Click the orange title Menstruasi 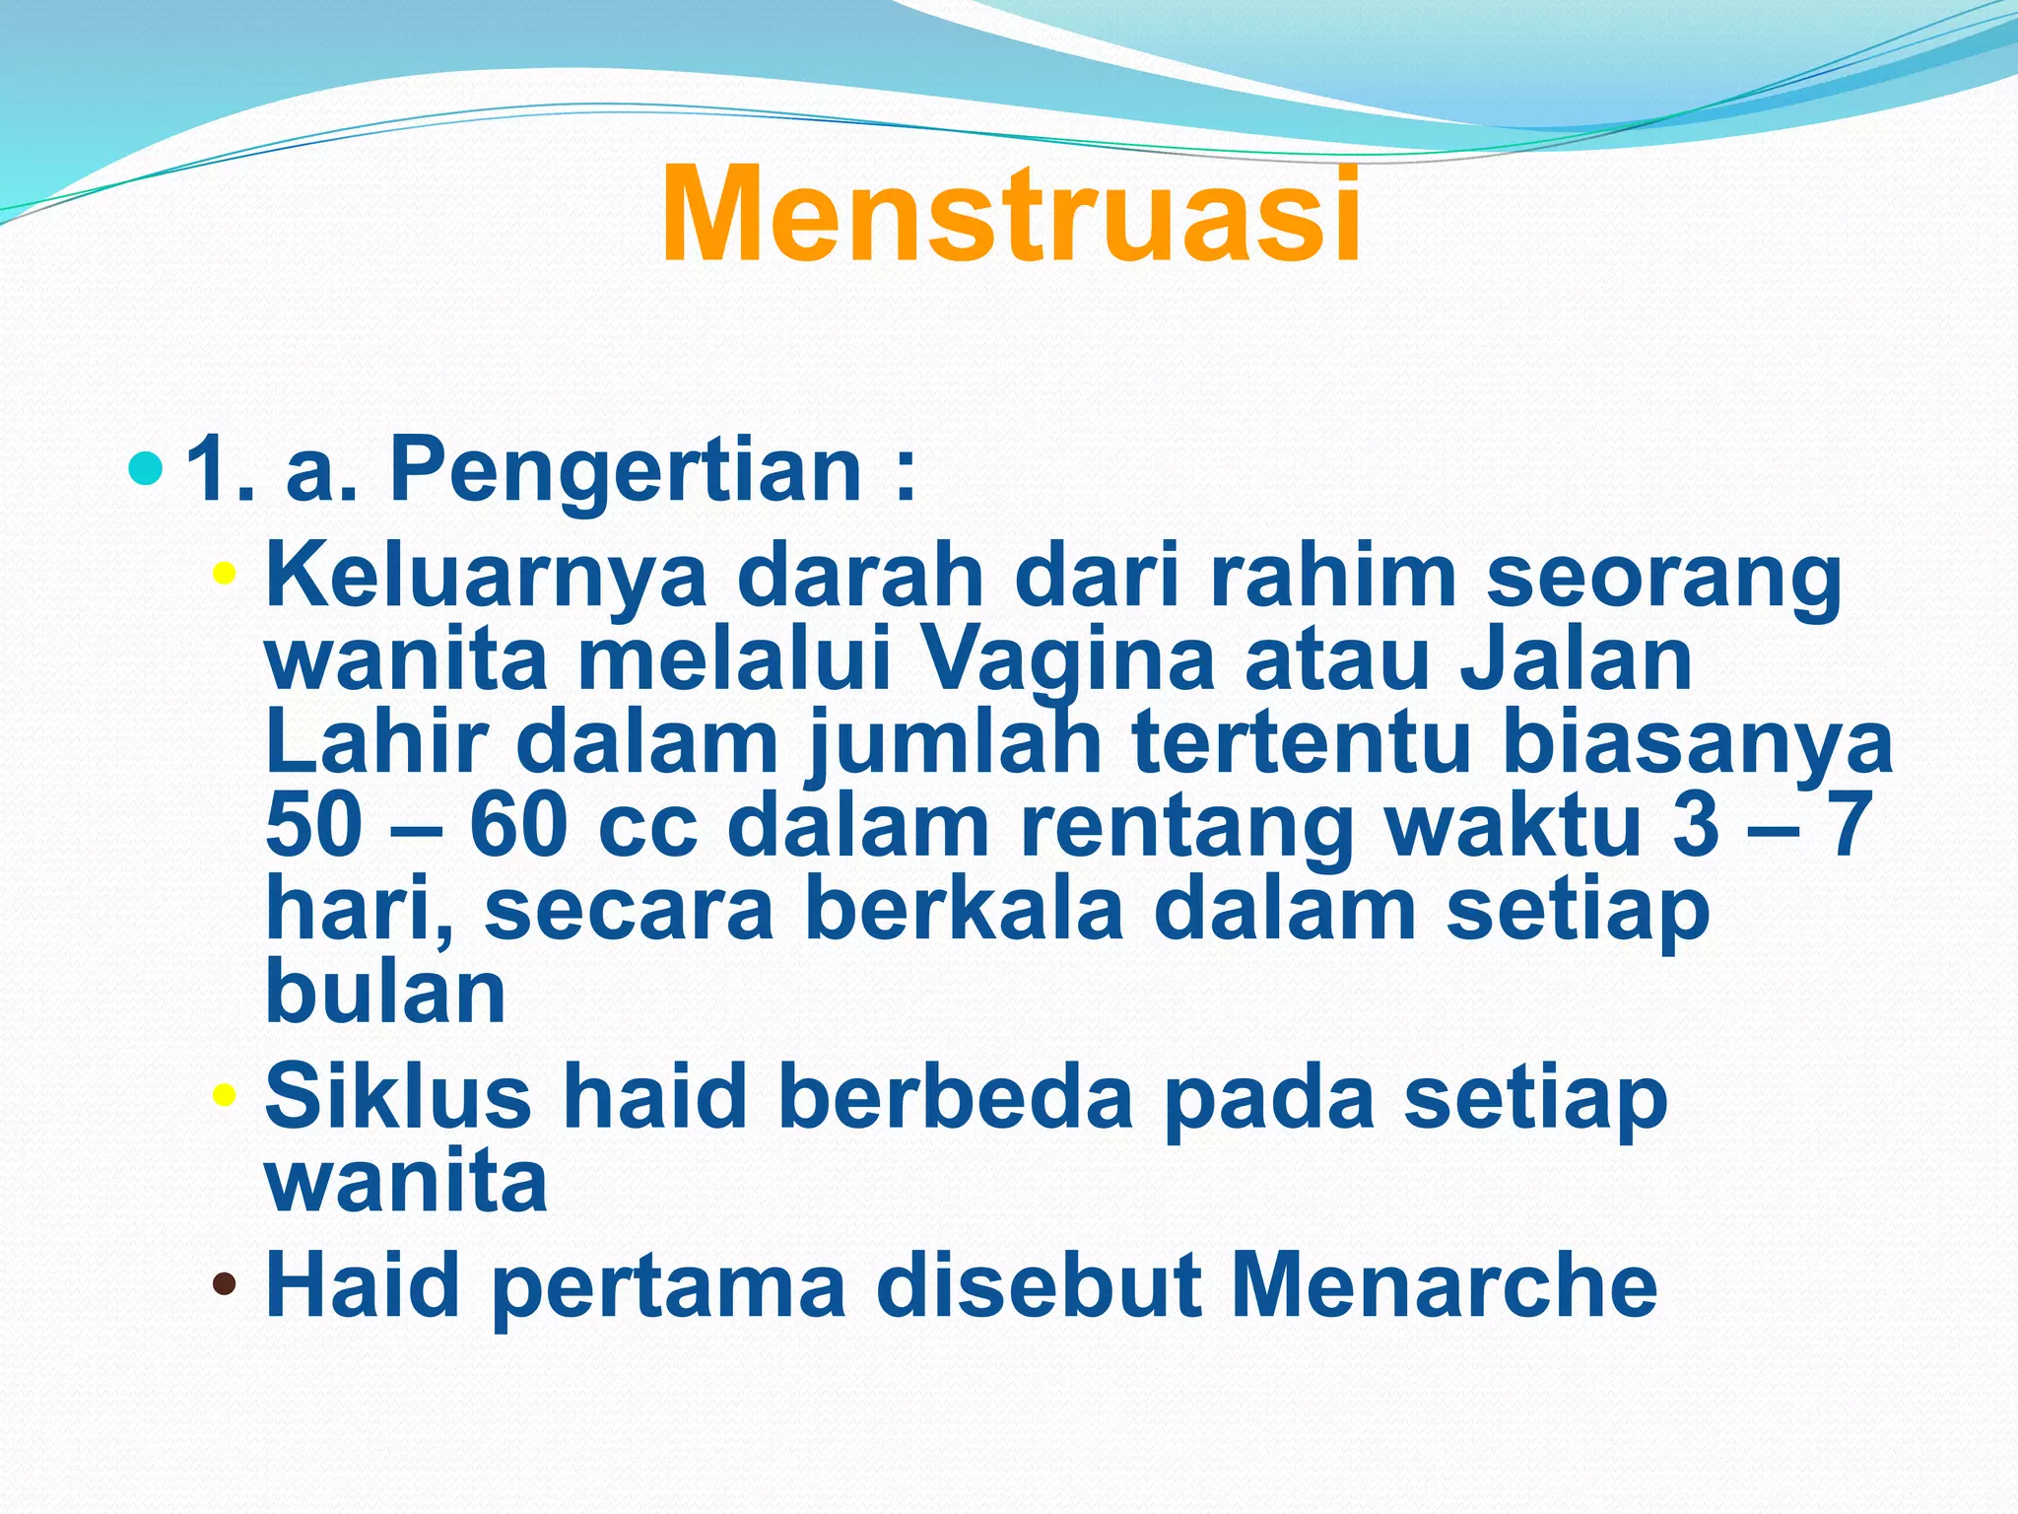[x=1011, y=215]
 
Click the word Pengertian [x=627, y=471]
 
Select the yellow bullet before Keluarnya [x=225, y=573]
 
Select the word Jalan [x=1577, y=660]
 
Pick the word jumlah [x=955, y=747]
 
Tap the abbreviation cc [x=646, y=830]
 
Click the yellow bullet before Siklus [x=225, y=1093]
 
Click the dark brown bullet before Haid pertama [x=225, y=1284]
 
